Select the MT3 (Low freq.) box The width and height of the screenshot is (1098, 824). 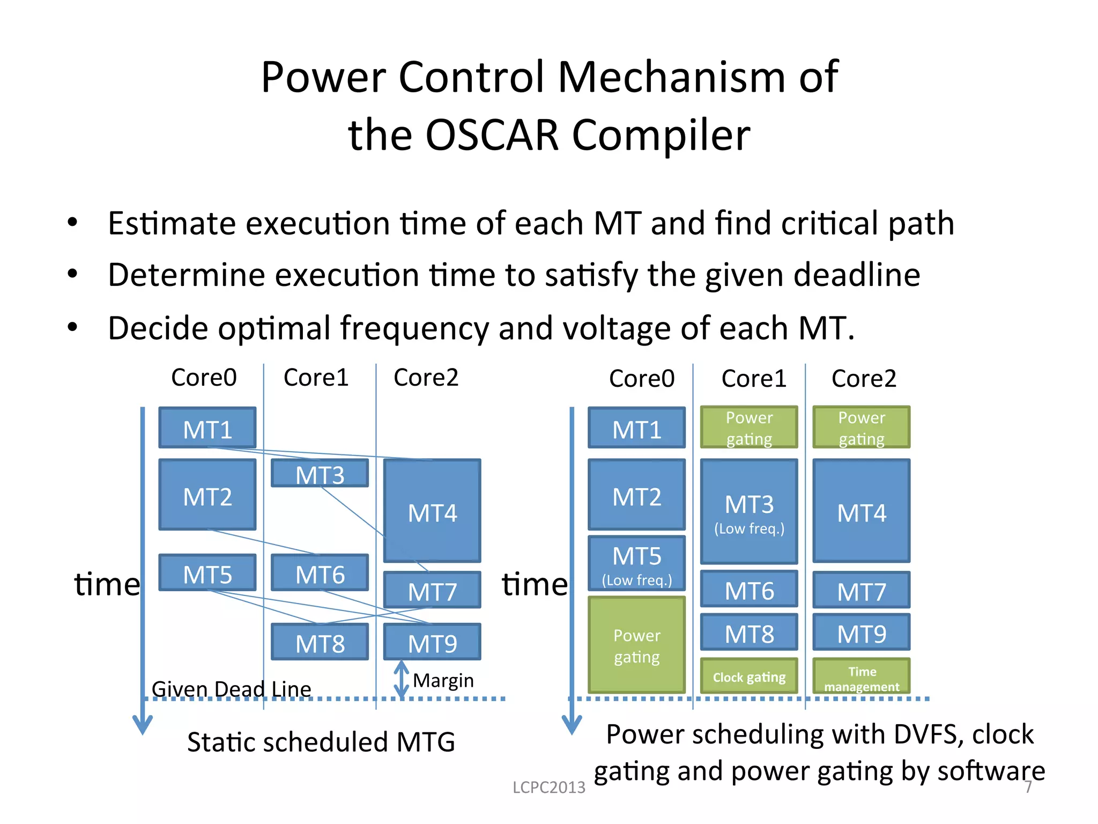click(749, 511)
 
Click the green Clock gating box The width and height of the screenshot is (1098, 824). click(749, 676)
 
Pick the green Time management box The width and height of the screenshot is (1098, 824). click(861, 677)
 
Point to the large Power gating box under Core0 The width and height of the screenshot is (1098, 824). click(636, 645)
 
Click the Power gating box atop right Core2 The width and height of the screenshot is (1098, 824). click(861, 428)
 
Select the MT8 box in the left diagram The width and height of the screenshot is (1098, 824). click(320, 642)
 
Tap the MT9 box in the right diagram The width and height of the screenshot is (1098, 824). click(861, 633)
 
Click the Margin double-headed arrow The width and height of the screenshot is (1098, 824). click(402, 680)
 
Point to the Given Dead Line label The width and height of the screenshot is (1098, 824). click(231, 689)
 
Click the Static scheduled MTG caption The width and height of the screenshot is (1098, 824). click(321, 742)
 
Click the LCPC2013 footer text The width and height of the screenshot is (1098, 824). click(548, 787)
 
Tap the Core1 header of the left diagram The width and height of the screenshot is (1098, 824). click(316, 378)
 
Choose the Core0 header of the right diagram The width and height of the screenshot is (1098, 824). click(641, 379)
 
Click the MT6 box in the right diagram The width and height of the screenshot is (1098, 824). click(749, 590)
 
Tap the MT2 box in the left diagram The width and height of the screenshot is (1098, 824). click(207, 496)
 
